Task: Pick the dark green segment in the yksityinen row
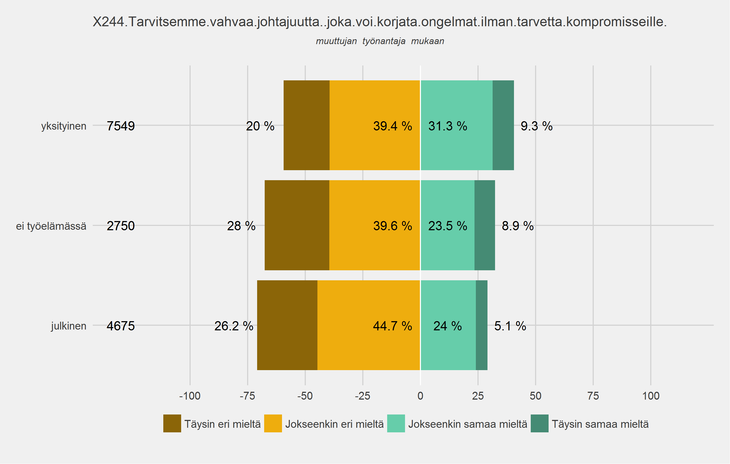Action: tap(503, 125)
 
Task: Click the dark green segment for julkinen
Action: tap(482, 325)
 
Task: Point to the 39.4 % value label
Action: tap(393, 126)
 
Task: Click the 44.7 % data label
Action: tap(393, 326)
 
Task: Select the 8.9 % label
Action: tap(518, 226)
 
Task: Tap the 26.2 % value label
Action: tap(234, 326)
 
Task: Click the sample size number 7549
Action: tap(121, 126)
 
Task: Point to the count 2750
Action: tap(121, 226)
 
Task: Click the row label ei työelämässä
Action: tap(51, 226)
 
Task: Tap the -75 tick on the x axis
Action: tap(247, 396)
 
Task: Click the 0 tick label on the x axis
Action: tap(420, 396)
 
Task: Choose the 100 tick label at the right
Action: tap(651, 396)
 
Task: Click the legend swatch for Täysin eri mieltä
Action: tap(172, 423)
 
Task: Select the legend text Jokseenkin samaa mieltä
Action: tap(468, 424)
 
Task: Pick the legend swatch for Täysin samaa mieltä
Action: tap(540, 423)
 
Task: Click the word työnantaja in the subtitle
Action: tap(384, 41)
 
